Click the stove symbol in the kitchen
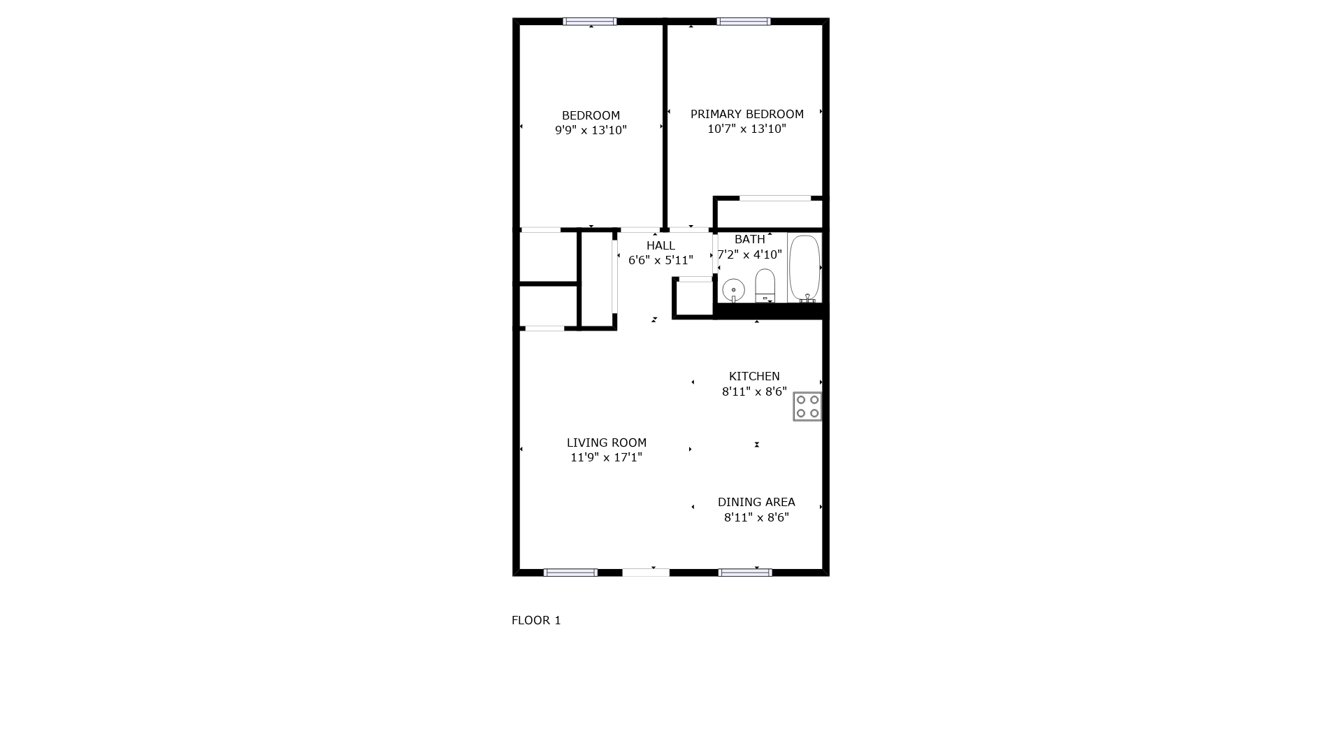807,406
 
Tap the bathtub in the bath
805,268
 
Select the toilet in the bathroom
765,285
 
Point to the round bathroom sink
733,289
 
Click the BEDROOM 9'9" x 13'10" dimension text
591,130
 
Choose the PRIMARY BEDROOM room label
747,114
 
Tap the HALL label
661,245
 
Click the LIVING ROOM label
607,443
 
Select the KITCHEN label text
754,376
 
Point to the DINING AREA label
756,502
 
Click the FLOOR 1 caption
536,620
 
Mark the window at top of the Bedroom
590,22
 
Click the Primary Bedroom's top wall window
744,22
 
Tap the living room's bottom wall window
570,573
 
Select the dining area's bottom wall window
745,573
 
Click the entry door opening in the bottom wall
646,573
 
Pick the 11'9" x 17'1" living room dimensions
607,458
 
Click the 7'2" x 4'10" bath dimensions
749,254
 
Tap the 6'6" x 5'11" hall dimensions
661,261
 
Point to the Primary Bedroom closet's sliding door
775,199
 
